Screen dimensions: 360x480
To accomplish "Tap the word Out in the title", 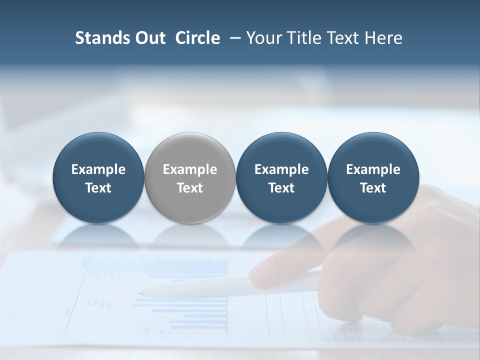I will pyautogui.click(x=149, y=38).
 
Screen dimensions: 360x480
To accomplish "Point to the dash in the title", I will pyautogui.click(x=233, y=38).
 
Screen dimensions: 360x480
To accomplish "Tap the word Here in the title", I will pyautogui.click(x=383, y=38).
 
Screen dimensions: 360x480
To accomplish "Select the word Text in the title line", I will pyautogui.click(x=343, y=38).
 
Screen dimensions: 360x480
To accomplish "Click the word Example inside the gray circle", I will pyautogui.click(x=190, y=170).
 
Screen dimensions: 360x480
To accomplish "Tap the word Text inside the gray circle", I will pyautogui.click(x=190, y=188).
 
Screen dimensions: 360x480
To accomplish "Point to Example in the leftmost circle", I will pyautogui.click(x=98, y=170).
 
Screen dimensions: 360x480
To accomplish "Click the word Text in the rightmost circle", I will pyautogui.click(x=373, y=188).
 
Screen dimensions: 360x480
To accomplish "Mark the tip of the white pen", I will pyautogui.click(x=140, y=292).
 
